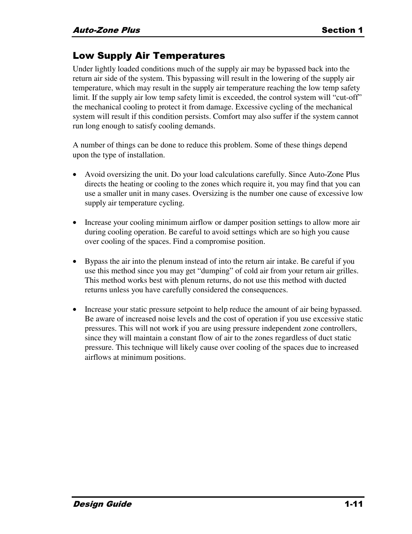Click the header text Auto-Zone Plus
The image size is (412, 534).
(106, 30)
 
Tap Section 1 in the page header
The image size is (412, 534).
(342, 30)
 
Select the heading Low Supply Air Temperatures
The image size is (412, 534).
(149, 56)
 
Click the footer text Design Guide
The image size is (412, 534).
(102, 504)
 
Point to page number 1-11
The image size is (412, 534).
(353, 504)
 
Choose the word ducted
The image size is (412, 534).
(335, 280)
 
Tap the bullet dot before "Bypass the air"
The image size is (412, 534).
(75, 262)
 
